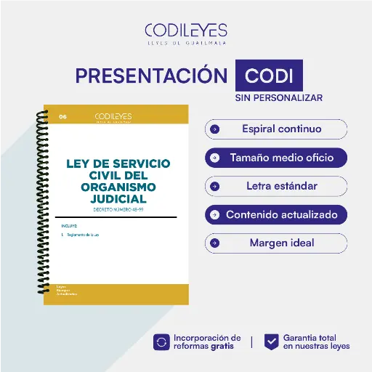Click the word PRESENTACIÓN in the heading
pos(152,76)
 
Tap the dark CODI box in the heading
pos(270,76)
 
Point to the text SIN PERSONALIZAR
pos(278,97)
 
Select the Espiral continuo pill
pos(276,129)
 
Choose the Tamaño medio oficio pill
pos(276,158)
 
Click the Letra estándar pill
pos(276,186)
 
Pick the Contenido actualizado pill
pos(276,215)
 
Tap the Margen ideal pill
pos(276,243)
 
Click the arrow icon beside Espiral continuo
pos(214,129)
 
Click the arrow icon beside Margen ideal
pos(214,243)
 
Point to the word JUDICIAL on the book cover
pos(116,198)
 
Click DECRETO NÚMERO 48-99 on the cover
pos(116,209)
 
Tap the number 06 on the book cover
pos(62,116)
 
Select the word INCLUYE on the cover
pos(70,226)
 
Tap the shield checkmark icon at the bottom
pos(271,341)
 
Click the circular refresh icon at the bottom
pos(161,341)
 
